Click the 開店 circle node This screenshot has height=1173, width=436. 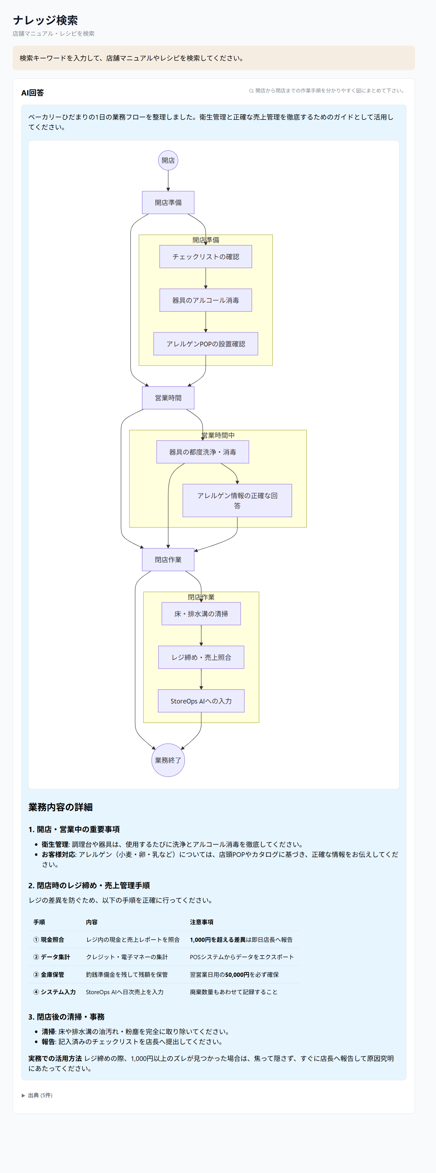[x=168, y=160]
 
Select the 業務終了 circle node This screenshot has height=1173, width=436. [x=168, y=760]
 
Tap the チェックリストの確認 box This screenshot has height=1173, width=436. [x=205, y=256]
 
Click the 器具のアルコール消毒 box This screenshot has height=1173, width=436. [x=205, y=300]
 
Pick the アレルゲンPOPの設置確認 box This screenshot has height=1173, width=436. [x=205, y=344]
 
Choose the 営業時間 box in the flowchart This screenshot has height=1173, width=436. [x=168, y=397]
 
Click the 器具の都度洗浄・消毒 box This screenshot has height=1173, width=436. [x=203, y=452]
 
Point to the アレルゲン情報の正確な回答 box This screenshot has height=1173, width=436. [x=237, y=500]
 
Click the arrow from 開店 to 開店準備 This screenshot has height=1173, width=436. [x=168, y=181]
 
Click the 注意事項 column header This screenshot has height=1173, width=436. [x=202, y=922]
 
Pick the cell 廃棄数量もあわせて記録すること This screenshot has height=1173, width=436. [x=234, y=992]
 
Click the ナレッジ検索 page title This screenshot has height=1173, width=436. [x=45, y=20]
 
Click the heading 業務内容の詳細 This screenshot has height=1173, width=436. [x=61, y=807]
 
